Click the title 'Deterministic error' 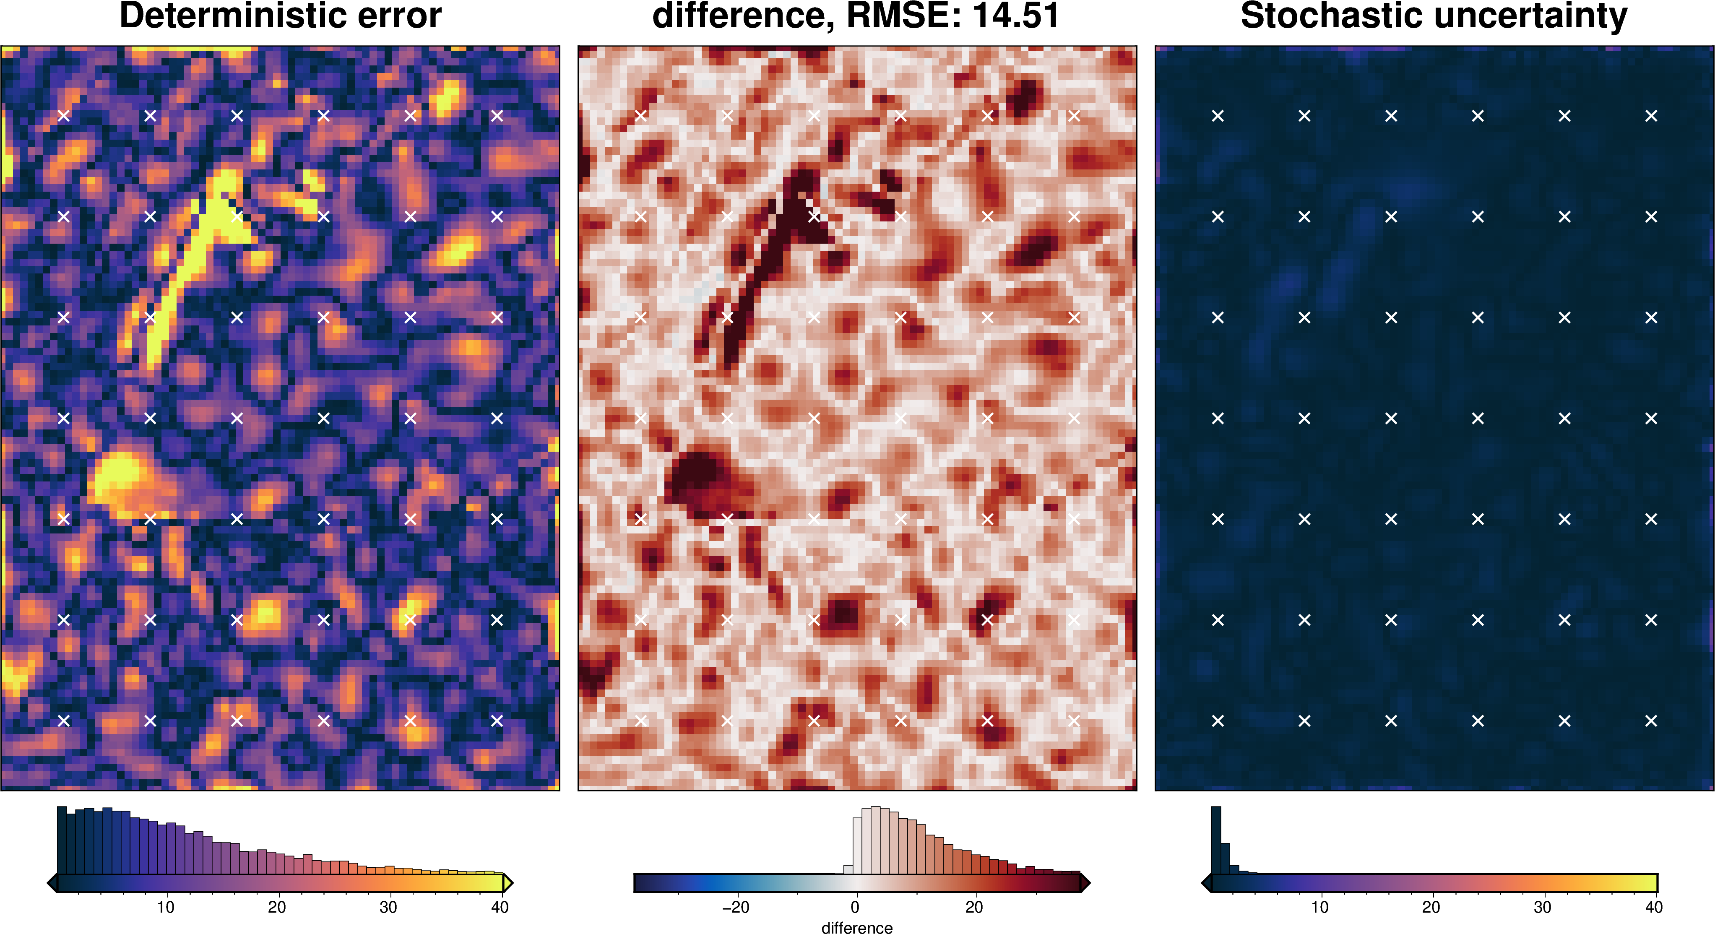pos(280,16)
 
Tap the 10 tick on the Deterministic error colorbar pos(166,907)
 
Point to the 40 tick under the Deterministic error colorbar pos(500,907)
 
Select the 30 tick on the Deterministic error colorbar pos(388,907)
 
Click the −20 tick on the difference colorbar pos(736,907)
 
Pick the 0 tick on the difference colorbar pos(855,907)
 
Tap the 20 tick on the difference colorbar pos(974,907)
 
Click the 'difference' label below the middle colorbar pos(857,927)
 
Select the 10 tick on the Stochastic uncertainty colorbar pos(1319,907)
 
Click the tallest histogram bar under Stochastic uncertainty pos(1215,840)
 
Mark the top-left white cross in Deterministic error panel pos(64,116)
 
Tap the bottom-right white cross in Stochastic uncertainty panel pos(1651,720)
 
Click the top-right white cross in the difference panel pos(1074,116)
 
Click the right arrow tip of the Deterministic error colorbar pos(510,883)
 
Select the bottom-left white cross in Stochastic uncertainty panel pos(1218,720)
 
